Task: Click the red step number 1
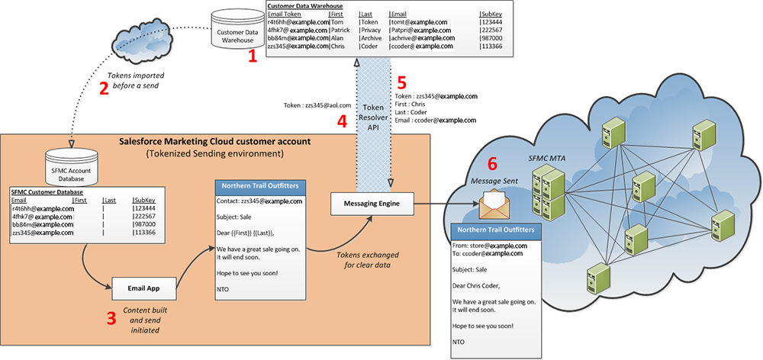[252, 56]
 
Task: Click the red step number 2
[104, 88]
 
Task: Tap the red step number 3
[111, 318]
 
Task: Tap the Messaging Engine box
[369, 204]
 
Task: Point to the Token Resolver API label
[372, 118]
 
